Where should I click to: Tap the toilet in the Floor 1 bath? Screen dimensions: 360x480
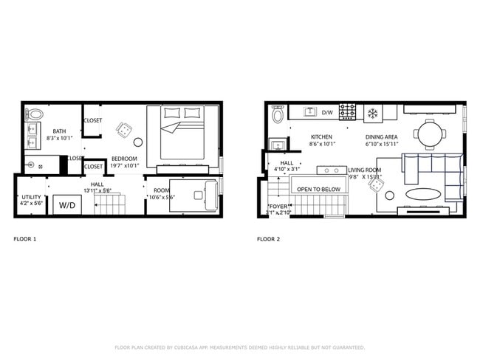pyautogui.click(x=34, y=114)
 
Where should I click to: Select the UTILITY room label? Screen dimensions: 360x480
pyautogui.click(x=31, y=198)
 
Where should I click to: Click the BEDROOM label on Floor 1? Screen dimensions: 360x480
pyautogui.click(x=123, y=159)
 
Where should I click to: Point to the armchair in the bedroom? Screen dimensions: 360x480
pyautogui.click(x=123, y=130)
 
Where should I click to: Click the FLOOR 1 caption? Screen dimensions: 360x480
pyautogui.click(x=25, y=239)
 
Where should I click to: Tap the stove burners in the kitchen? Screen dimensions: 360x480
pyautogui.click(x=347, y=112)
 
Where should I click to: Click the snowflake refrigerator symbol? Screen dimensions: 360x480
pyautogui.click(x=372, y=113)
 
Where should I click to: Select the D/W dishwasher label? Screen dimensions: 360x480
pyautogui.click(x=327, y=113)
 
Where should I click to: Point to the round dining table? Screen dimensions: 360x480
pyautogui.click(x=429, y=135)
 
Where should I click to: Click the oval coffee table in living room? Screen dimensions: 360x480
pyautogui.click(x=421, y=195)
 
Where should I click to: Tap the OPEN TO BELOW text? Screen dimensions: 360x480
pyautogui.click(x=320, y=190)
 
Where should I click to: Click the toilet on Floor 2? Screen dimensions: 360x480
pyautogui.click(x=278, y=115)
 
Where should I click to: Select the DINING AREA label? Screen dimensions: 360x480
pyautogui.click(x=382, y=137)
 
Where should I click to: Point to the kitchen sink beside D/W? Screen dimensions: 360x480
pyautogui.click(x=309, y=112)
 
